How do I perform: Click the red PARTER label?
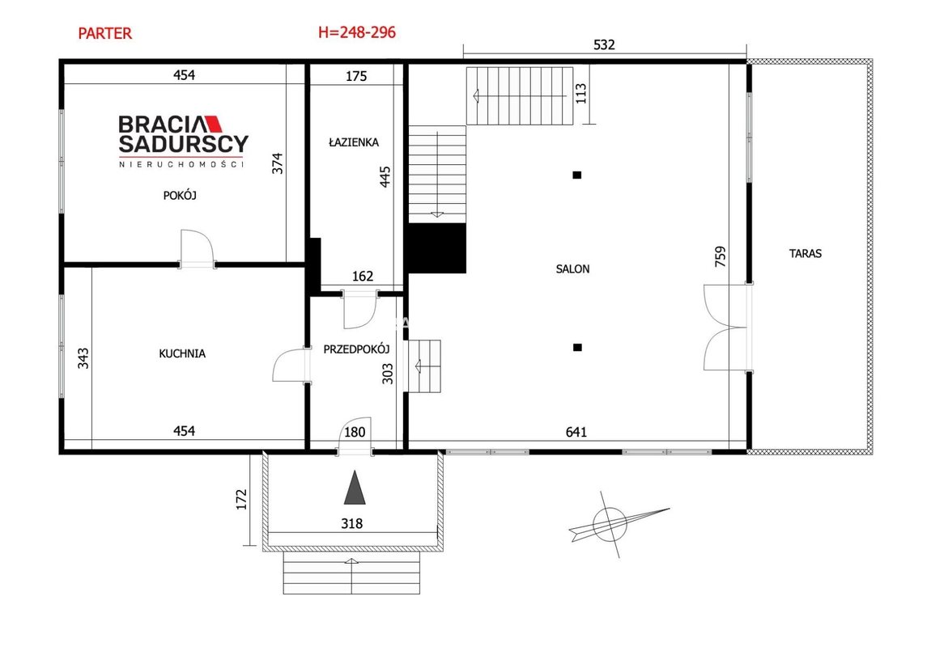(105, 33)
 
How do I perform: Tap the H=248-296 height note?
(357, 32)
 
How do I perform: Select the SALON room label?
(572, 269)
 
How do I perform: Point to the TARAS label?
(806, 253)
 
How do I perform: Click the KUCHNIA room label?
(182, 353)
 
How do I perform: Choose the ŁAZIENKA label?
(353, 142)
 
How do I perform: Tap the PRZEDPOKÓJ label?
(356, 349)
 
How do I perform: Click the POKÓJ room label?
(180, 195)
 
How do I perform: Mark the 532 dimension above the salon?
(604, 44)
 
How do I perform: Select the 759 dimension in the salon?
(720, 257)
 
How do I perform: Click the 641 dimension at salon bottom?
(576, 432)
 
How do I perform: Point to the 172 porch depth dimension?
(241, 499)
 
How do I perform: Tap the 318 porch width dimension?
(351, 523)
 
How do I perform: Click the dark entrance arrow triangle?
(355, 488)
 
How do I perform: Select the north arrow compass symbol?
(614, 524)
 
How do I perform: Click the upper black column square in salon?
(576, 175)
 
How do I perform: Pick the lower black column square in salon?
(577, 348)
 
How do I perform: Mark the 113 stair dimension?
(580, 93)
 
